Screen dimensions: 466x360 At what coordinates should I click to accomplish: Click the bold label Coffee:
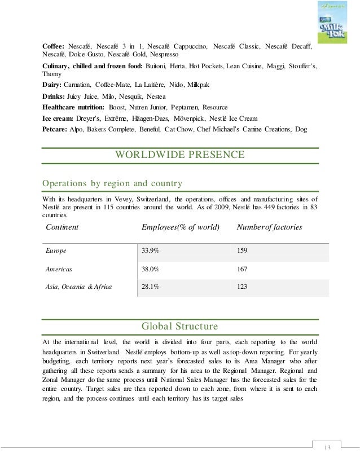54,45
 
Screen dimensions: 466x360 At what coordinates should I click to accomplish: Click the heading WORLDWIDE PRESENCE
180,155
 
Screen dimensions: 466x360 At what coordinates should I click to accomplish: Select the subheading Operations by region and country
112,183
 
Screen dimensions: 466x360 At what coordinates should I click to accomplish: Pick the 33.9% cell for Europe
150,250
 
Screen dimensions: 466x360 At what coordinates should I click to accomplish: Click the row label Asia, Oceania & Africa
78,287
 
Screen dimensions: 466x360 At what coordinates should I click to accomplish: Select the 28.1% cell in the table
150,287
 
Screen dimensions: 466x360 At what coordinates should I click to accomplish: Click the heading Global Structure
180,326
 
